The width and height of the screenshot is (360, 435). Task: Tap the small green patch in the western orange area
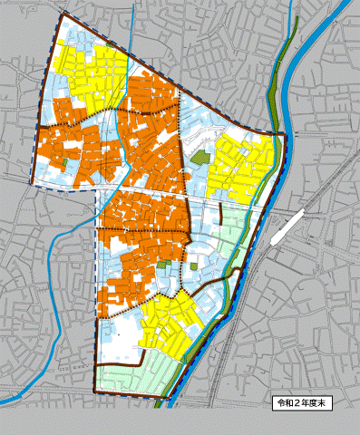point(67,163)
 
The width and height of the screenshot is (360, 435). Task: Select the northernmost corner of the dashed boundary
point(62,14)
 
